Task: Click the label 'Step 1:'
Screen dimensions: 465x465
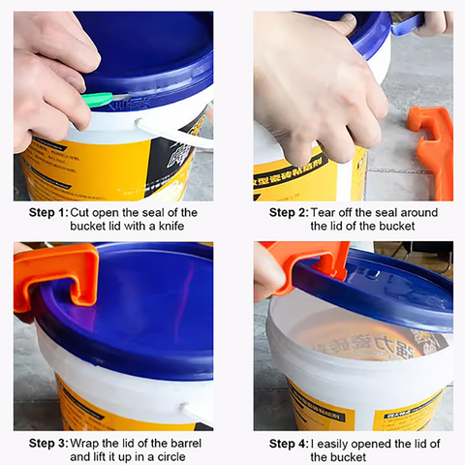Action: pyautogui.click(x=48, y=213)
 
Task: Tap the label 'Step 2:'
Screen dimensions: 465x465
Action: pyautogui.click(x=289, y=213)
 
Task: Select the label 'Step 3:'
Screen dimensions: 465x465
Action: pyautogui.click(x=48, y=444)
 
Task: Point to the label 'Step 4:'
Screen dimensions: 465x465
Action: pyautogui.click(x=289, y=444)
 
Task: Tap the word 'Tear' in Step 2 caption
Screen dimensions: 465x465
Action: pyautogui.click(x=322, y=213)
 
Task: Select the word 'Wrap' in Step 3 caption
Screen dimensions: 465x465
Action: pyautogui.click(x=83, y=444)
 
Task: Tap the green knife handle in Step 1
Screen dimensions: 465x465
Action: pyautogui.click(x=98, y=99)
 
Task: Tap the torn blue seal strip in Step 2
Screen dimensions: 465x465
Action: pyautogui.click(x=408, y=22)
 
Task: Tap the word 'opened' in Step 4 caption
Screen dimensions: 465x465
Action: pyautogui.click(x=369, y=445)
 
